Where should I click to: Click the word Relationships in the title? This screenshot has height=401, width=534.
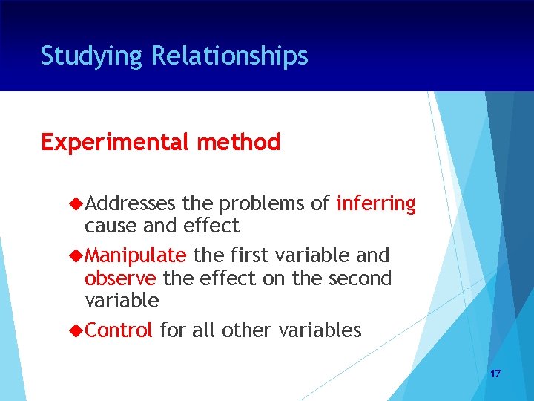(229, 56)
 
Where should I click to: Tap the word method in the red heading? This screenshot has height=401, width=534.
(238, 142)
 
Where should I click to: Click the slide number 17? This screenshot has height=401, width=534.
(495, 374)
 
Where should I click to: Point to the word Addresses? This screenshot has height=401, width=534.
(130, 203)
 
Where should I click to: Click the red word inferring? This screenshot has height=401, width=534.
(376, 203)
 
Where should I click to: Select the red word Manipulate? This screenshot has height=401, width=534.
(136, 255)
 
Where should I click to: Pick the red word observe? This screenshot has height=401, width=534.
(120, 278)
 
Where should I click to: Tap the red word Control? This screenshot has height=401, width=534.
(119, 330)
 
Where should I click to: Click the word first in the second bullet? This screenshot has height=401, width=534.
(247, 255)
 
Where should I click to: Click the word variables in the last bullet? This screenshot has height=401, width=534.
(320, 330)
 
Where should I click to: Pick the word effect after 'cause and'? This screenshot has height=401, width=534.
(212, 226)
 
